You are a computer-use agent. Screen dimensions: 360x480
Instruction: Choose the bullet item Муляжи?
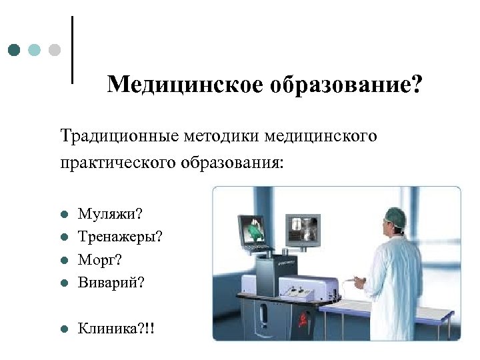click(x=110, y=215)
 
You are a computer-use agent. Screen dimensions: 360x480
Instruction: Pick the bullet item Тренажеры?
click(x=120, y=237)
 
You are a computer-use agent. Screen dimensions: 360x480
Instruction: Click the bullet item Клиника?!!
click(x=117, y=327)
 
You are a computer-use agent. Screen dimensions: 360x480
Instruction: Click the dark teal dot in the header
click(x=15, y=50)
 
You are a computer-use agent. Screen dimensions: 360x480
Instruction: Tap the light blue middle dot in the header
click(x=35, y=50)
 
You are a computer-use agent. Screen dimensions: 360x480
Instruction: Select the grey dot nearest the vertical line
click(x=55, y=50)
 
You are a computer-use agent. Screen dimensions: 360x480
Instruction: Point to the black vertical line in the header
click(x=71, y=50)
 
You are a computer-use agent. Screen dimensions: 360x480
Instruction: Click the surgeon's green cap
click(x=395, y=215)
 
